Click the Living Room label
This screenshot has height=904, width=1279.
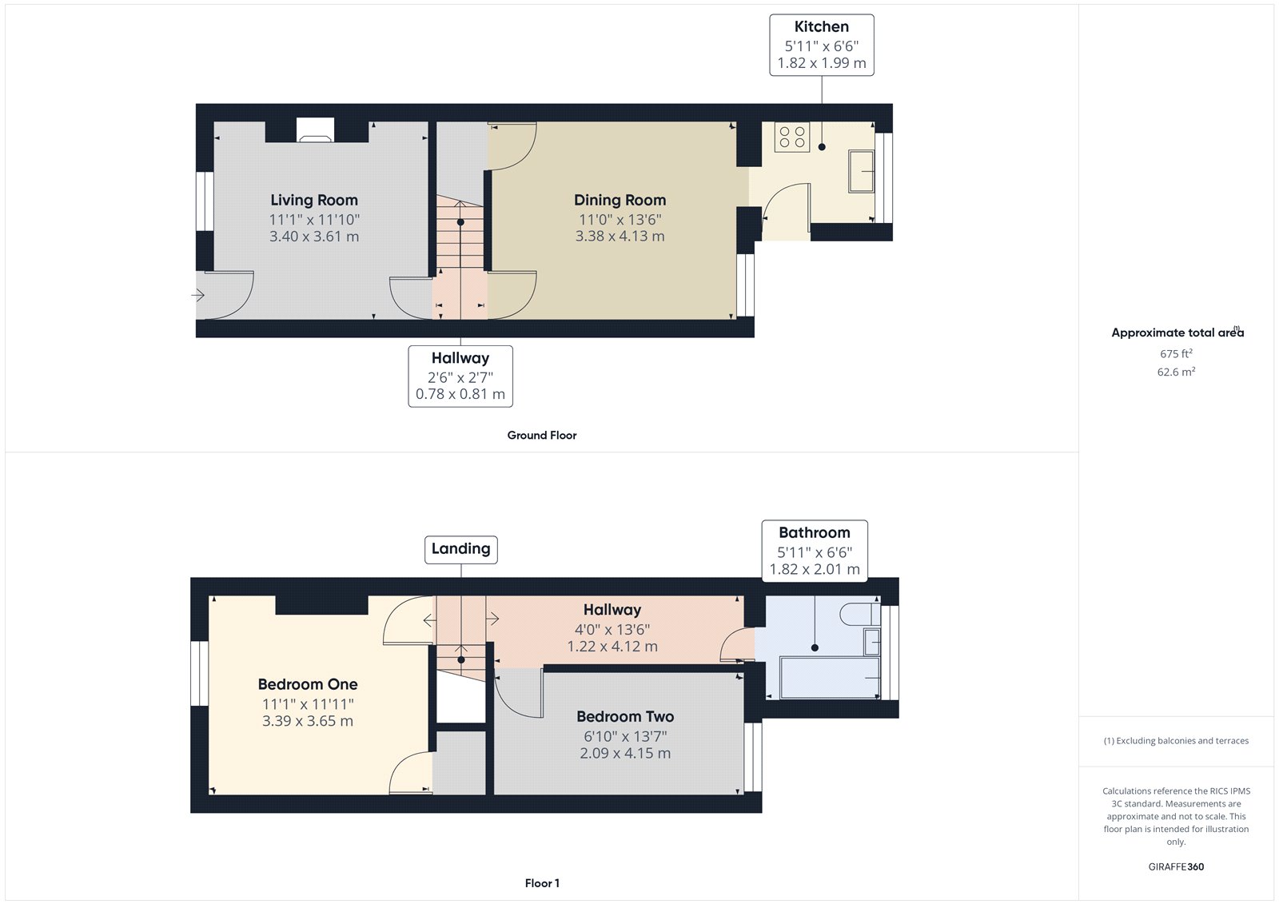point(313,201)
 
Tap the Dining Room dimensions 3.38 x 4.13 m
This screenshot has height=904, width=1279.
point(620,237)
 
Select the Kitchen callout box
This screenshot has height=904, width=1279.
point(821,45)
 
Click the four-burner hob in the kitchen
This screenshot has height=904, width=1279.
point(791,137)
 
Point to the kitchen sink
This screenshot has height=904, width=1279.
point(861,171)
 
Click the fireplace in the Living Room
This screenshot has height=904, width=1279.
point(315,130)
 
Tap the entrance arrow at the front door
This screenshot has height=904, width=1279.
point(198,296)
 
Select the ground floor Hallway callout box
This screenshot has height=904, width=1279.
point(460,376)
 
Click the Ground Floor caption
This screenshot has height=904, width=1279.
point(541,436)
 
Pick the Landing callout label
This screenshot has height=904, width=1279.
point(460,549)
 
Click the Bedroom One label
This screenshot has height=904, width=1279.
point(308,685)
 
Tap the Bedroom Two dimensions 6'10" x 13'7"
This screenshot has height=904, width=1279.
point(625,736)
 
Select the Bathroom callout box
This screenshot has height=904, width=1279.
point(814,550)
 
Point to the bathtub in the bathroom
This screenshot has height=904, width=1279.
point(829,677)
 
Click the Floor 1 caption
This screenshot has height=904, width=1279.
point(542,883)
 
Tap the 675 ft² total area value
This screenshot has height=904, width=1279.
point(1176,353)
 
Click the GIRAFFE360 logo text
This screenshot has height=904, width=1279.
point(1176,866)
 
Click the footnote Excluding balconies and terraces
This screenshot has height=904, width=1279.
point(1176,741)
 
